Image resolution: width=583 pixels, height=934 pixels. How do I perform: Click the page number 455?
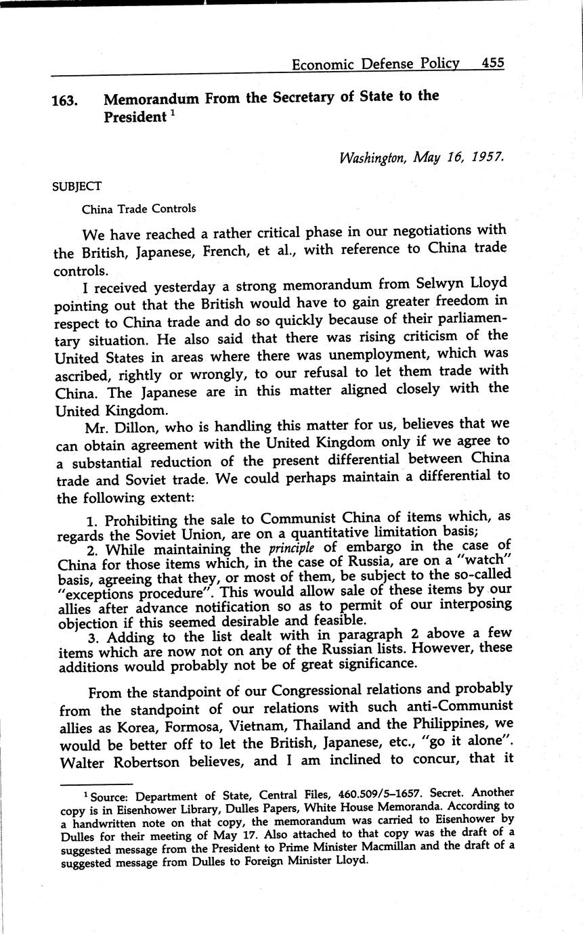coord(493,63)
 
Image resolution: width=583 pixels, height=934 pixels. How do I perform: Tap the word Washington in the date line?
coord(372,158)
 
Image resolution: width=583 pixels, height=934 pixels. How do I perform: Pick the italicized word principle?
coord(293,548)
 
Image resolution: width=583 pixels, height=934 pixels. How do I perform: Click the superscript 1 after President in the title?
coord(172,112)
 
